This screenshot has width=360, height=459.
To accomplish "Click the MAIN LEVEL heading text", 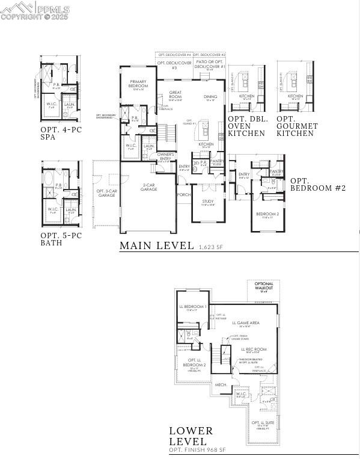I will coord(156,245).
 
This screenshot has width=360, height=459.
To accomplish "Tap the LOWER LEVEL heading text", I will coord(191,436).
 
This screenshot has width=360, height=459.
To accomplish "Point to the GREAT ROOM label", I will coord(175,94).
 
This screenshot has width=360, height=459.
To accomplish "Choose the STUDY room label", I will coord(207,202).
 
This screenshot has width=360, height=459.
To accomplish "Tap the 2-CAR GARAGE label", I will coord(150,187).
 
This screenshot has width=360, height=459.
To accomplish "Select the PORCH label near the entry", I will coord(184,195).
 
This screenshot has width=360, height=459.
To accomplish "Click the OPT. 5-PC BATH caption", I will coord(60,239).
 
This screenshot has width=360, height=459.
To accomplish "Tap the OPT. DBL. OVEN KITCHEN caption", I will coord(246,126).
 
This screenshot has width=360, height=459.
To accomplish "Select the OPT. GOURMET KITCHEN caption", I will coord(297,126).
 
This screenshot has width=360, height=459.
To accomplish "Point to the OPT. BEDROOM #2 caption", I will coord(318,184).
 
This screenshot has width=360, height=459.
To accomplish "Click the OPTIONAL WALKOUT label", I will coord(263,286).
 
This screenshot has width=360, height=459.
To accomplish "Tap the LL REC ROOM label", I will coord(254,349).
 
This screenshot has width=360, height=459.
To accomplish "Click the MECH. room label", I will coord(221,384).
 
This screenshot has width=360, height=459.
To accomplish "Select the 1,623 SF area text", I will coord(211,247).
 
